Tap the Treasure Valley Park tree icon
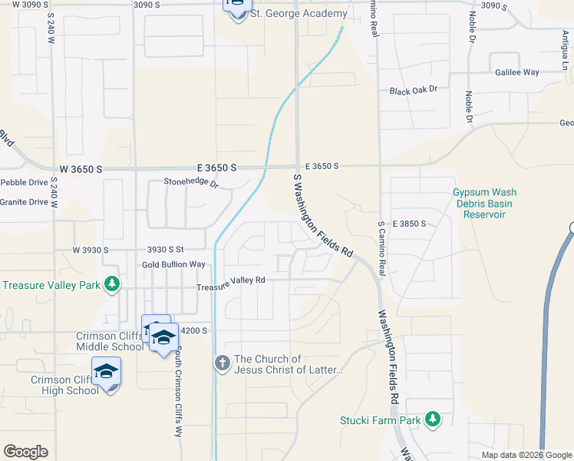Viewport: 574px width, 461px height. pos(113,284)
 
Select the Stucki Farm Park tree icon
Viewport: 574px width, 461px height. pos(434,419)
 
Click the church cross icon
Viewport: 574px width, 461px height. pos(223,362)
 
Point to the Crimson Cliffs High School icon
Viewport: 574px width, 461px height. pos(106,372)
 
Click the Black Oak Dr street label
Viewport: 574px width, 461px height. pos(413,90)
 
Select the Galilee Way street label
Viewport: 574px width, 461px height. pos(518,72)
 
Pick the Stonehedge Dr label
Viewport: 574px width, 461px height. pos(191,183)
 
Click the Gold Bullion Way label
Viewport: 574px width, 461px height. pos(173,264)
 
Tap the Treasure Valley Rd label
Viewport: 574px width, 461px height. pos(230,280)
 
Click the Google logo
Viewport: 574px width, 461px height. pos(25,452)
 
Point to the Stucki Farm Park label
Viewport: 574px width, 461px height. pos(381,420)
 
